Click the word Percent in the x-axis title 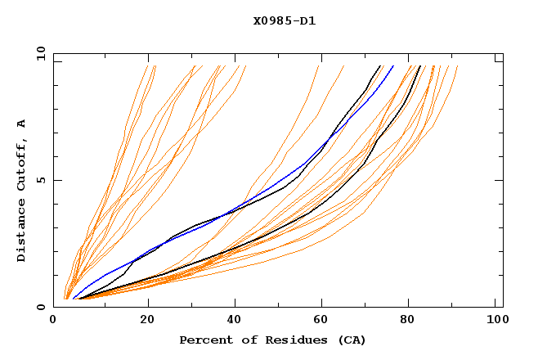coord(202,340)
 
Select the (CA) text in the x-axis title coord(349,340)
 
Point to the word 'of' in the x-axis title coord(242,340)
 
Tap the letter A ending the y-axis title coord(21,124)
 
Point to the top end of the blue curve coord(393,66)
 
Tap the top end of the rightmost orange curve coord(458,66)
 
